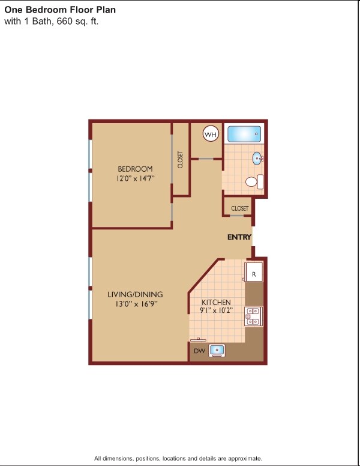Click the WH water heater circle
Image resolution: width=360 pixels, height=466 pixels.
[211, 135]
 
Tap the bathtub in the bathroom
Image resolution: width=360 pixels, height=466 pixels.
[245, 134]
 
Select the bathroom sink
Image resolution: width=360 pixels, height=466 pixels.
[257, 159]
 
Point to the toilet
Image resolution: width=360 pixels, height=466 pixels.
[253, 181]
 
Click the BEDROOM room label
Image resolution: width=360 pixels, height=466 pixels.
[135, 169]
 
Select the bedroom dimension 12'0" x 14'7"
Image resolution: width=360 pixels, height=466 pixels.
[136, 178]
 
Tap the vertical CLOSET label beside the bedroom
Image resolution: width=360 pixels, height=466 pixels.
[180, 159]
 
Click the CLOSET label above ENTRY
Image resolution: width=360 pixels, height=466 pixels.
[239, 208]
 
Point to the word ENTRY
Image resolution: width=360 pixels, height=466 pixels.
[239, 238]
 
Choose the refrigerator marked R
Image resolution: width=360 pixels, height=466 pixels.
[254, 273]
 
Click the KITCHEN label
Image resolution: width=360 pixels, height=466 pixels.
[217, 302]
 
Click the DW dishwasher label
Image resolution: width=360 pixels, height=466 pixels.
[199, 349]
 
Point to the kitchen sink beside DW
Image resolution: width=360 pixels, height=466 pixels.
[217, 349]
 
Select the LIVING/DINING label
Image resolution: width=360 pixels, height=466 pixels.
[135, 294]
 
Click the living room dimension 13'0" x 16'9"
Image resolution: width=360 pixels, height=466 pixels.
[136, 304]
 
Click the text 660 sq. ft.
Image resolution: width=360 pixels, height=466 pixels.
[77, 22]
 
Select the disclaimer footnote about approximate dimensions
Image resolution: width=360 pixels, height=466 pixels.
[178, 458]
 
